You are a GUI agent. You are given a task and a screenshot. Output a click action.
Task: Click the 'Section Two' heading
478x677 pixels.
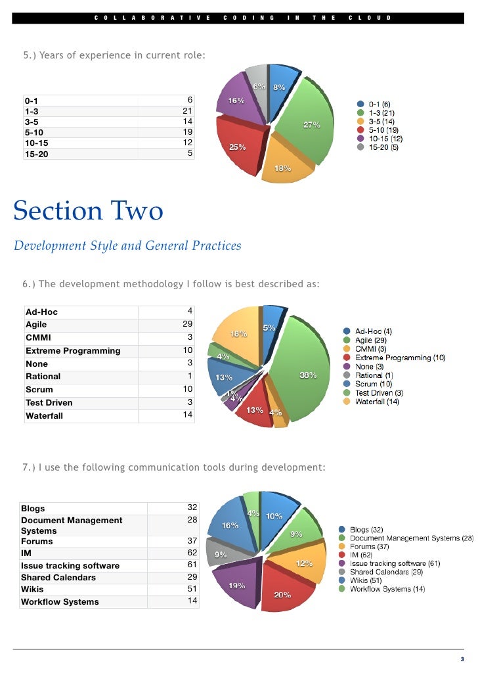click(x=88, y=211)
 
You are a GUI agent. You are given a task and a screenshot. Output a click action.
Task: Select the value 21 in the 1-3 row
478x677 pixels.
click(x=187, y=111)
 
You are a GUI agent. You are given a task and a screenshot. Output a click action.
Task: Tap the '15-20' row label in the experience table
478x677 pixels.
click(x=36, y=155)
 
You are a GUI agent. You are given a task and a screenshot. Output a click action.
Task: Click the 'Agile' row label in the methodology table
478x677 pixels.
click(x=36, y=325)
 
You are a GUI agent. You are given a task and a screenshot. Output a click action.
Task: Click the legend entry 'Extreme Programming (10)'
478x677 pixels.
click(x=400, y=358)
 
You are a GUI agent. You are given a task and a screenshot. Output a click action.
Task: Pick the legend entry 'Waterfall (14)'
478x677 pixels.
click(x=377, y=401)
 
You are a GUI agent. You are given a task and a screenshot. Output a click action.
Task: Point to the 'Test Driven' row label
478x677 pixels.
click(x=49, y=402)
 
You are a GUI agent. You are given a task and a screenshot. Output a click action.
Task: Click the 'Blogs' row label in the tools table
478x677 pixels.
click(x=33, y=508)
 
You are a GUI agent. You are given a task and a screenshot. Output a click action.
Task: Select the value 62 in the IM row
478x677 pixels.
click(x=192, y=553)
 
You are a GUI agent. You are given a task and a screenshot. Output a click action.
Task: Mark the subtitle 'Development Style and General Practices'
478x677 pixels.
click(x=127, y=246)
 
